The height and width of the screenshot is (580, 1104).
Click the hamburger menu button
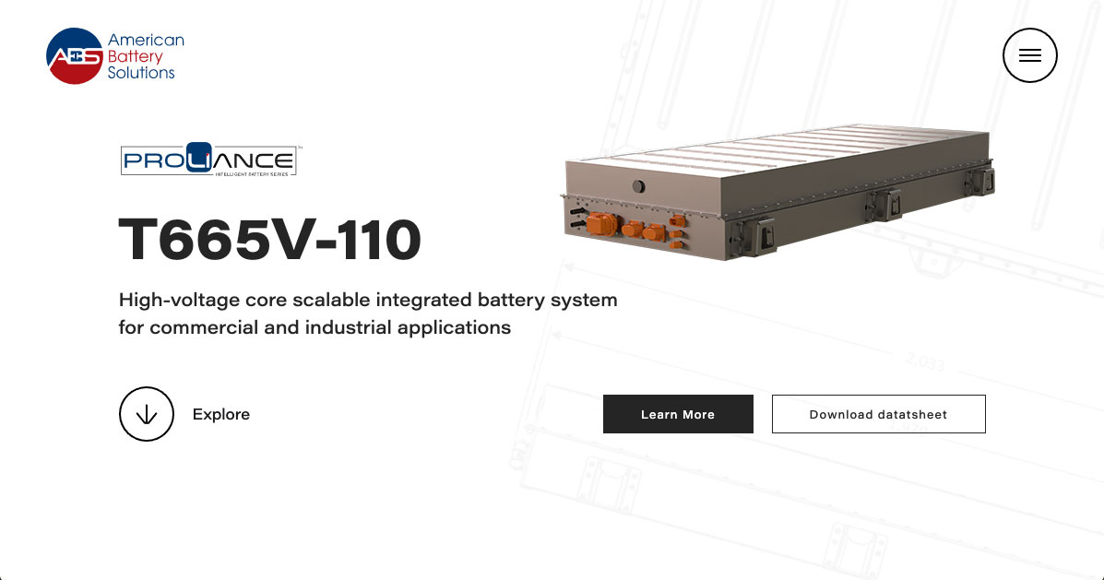1029,55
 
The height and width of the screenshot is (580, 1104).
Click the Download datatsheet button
878,414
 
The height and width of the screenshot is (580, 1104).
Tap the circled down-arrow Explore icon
147,414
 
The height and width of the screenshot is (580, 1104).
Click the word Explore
221,415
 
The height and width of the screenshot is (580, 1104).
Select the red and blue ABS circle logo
73,56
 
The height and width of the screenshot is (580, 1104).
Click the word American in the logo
146,41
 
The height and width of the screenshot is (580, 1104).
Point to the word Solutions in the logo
141,73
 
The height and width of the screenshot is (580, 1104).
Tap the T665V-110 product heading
269,240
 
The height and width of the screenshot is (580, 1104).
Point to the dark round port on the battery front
637,186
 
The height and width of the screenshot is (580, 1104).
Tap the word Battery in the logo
135,56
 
